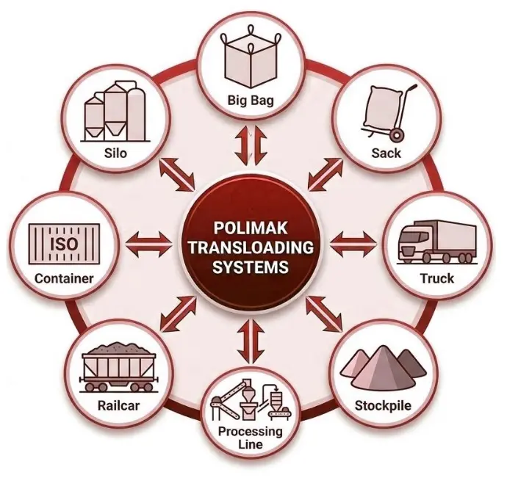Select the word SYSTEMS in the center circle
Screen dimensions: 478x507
[x=249, y=267]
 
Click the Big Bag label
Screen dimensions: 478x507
[x=250, y=99]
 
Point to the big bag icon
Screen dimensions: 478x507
[x=250, y=62]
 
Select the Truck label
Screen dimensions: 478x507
[x=436, y=278]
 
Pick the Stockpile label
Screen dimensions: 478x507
[x=383, y=405]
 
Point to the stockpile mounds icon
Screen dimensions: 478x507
[x=383, y=368]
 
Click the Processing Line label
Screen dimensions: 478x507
[x=251, y=438]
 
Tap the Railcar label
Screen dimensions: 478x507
[x=118, y=405]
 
